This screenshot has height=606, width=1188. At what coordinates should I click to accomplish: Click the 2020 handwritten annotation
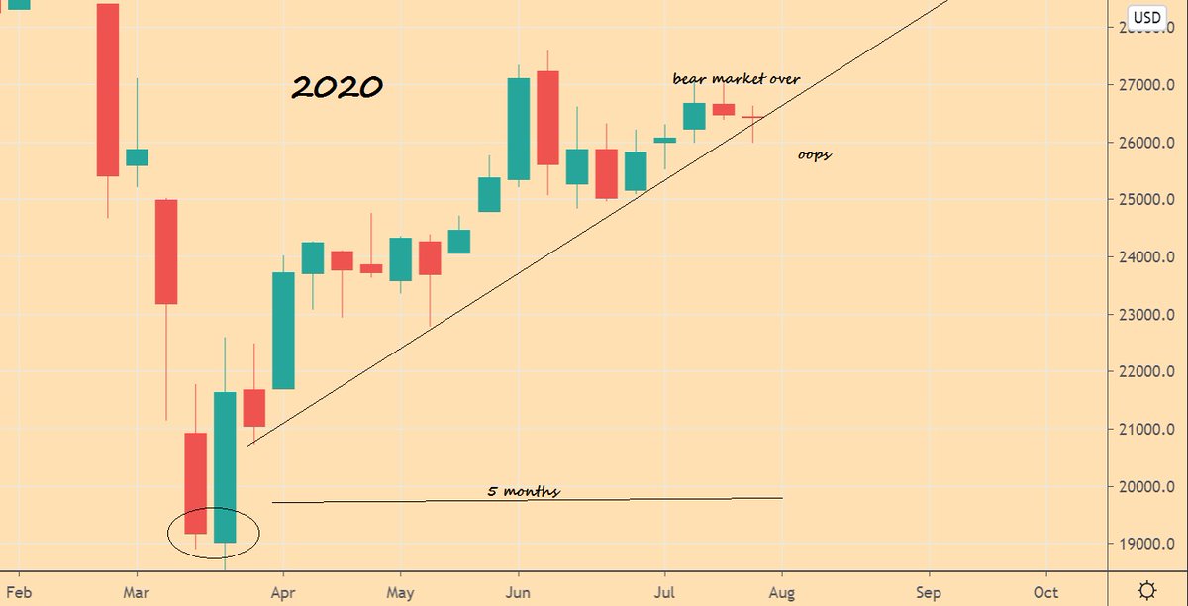[337, 87]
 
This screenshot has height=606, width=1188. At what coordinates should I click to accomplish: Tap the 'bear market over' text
[737, 78]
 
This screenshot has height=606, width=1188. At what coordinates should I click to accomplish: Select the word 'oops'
[814, 154]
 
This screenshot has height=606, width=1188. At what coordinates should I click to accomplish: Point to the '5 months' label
[524, 490]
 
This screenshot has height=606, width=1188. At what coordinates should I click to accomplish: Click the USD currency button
[1147, 17]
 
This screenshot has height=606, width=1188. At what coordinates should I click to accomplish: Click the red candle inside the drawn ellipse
[195, 483]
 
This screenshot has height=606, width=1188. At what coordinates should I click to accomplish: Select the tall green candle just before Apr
[283, 331]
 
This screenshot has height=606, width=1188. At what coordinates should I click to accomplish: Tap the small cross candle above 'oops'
[753, 117]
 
